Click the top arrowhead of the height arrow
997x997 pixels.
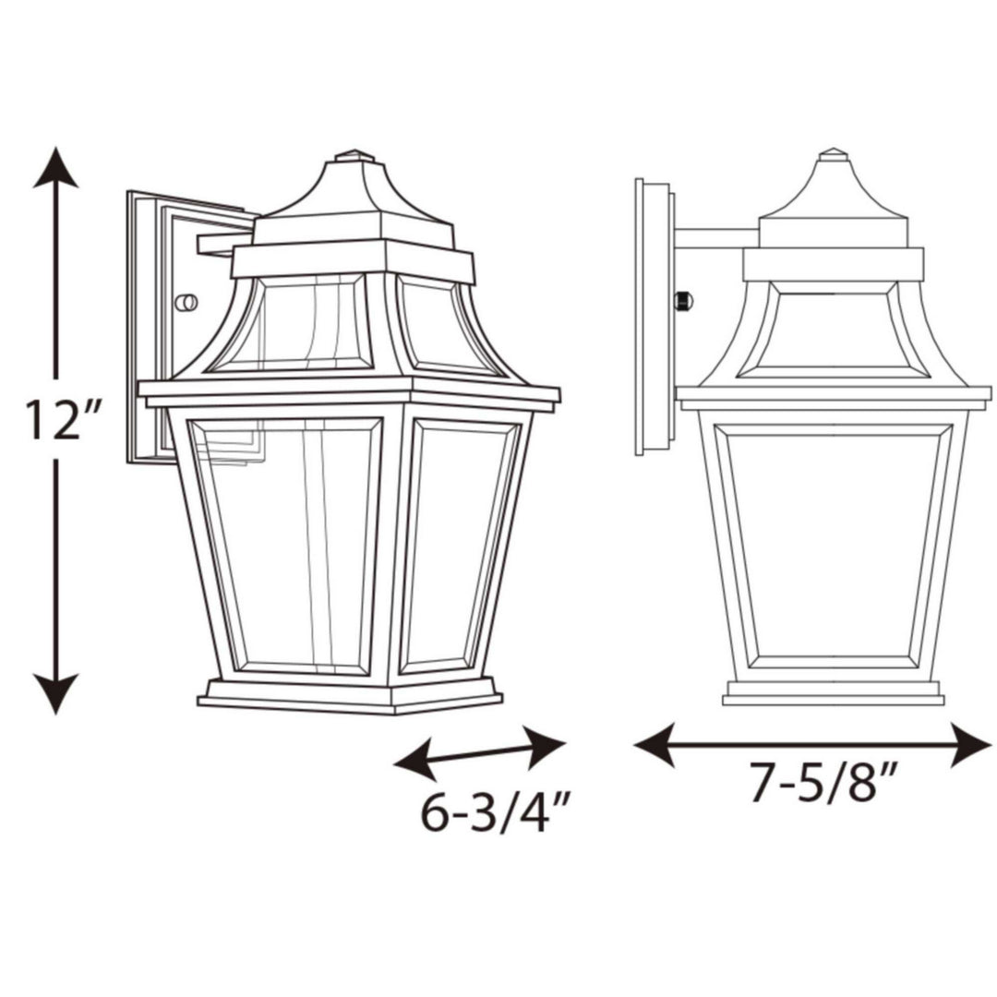coord(55,166)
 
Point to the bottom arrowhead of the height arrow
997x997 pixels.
coord(55,693)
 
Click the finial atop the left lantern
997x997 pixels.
coord(354,156)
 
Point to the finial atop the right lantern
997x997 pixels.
coord(833,153)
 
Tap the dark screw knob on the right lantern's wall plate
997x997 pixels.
coord(684,300)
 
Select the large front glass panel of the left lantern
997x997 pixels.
coord(286,545)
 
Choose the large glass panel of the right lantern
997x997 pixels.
coord(833,545)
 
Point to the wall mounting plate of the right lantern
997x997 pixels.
coord(654,317)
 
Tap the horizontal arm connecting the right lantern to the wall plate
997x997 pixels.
coord(716,238)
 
